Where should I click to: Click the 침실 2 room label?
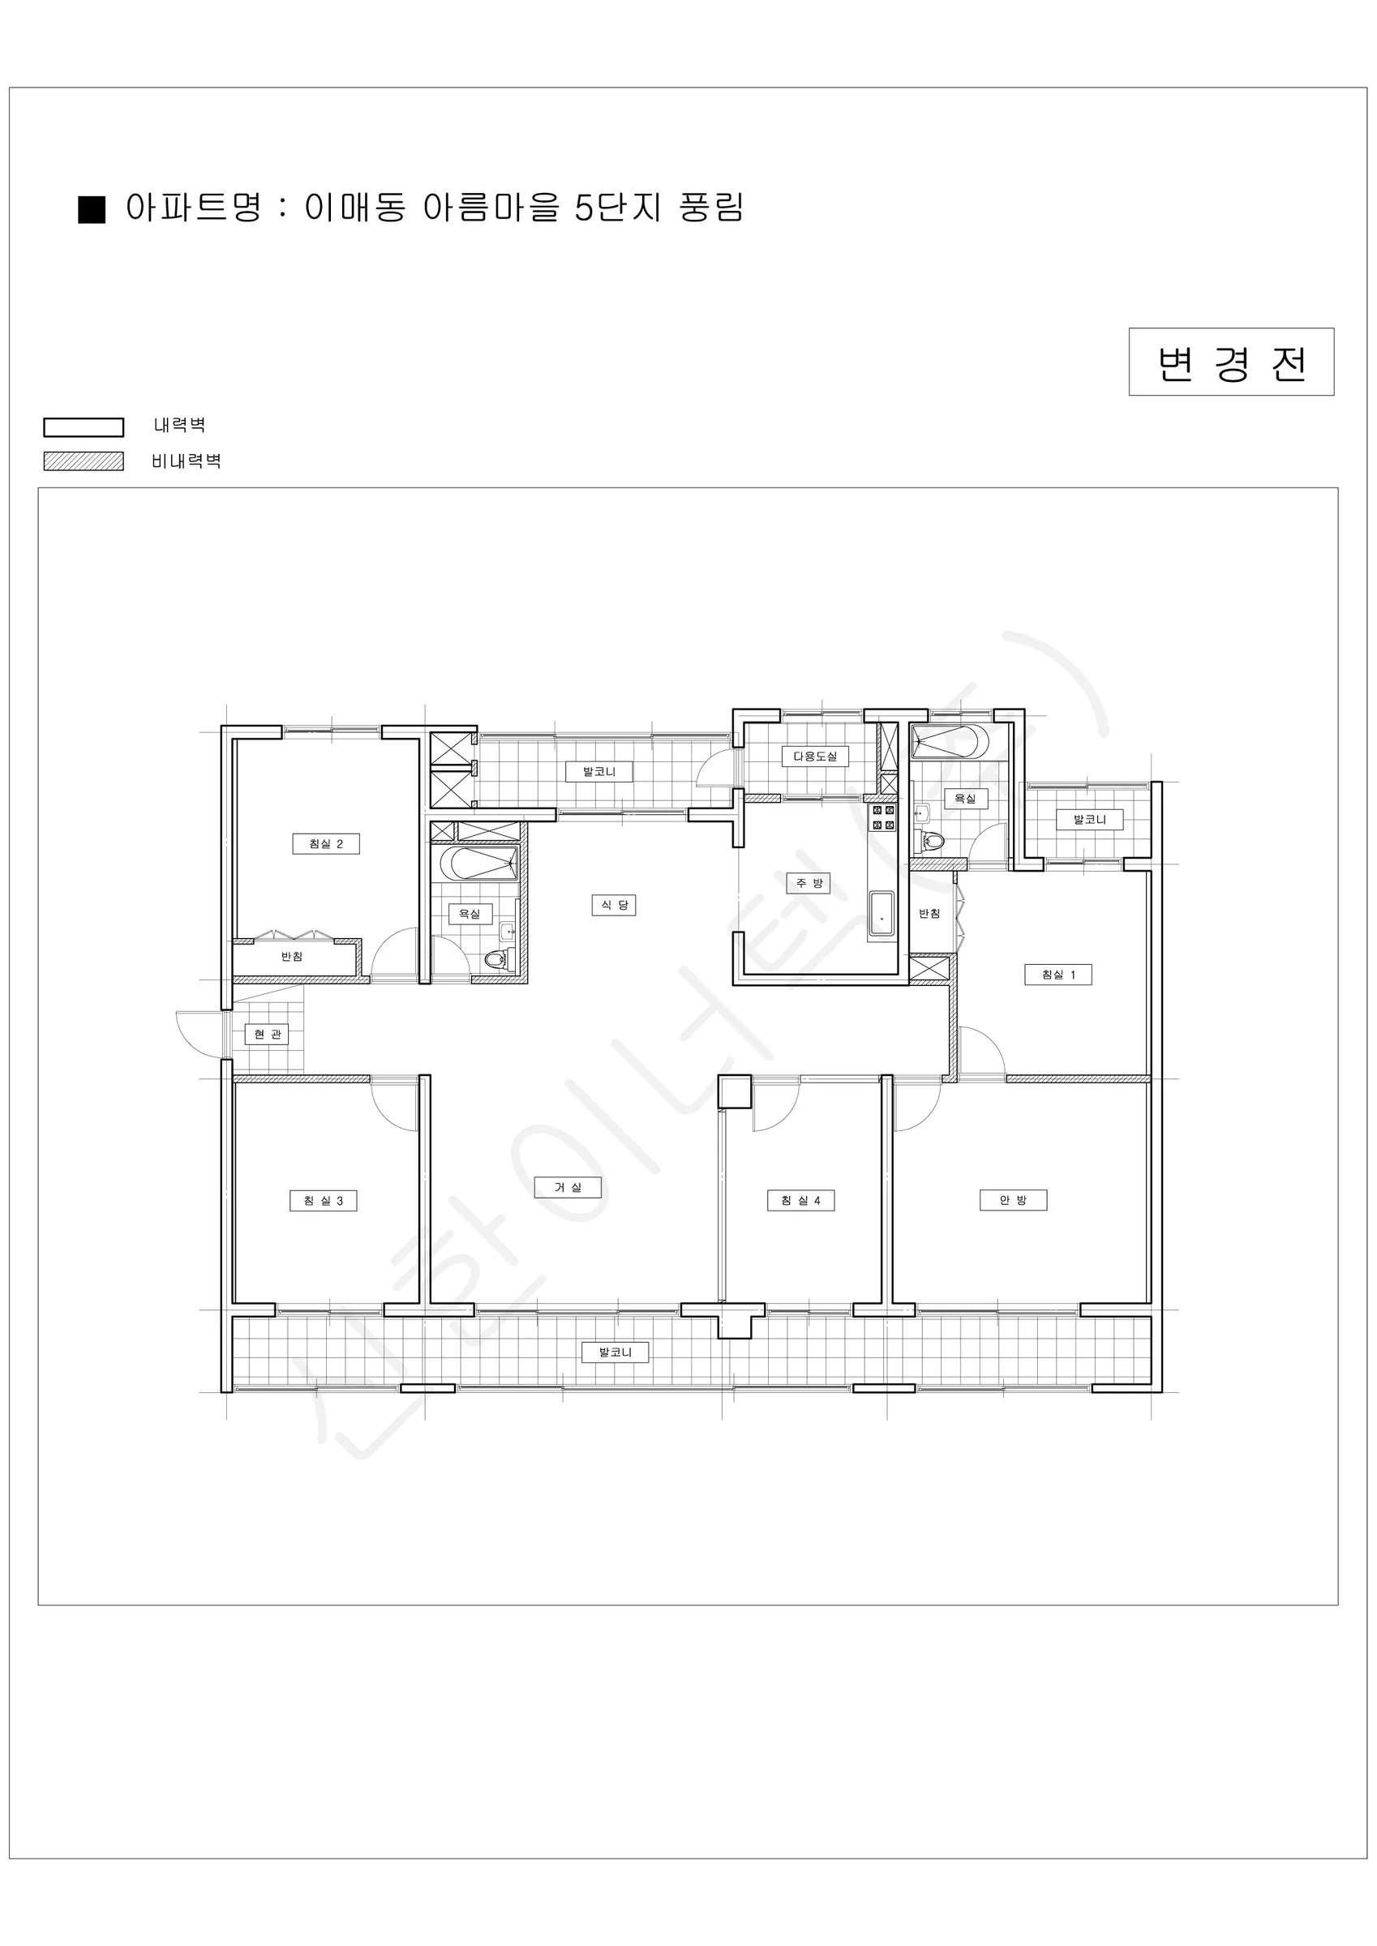tap(325, 843)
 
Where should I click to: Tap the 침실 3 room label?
tap(323, 1200)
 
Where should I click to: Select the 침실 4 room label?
tap(800, 1200)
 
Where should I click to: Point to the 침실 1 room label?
tap(1058, 975)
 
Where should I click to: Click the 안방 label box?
tap(1013, 1200)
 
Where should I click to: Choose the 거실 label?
tap(567, 1187)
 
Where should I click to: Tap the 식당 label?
tap(614, 905)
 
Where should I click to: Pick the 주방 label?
tap(808, 883)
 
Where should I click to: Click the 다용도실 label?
tap(815, 756)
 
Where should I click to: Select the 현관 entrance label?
tap(267, 1034)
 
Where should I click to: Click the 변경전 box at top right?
tap(1231, 362)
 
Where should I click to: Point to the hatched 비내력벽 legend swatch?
tap(83, 461)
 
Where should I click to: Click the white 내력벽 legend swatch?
tap(83, 427)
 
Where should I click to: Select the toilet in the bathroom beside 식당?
tap(496, 960)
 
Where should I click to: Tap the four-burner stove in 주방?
tap(882, 818)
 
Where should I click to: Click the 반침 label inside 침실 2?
tap(292, 957)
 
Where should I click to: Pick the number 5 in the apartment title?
tap(583, 208)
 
